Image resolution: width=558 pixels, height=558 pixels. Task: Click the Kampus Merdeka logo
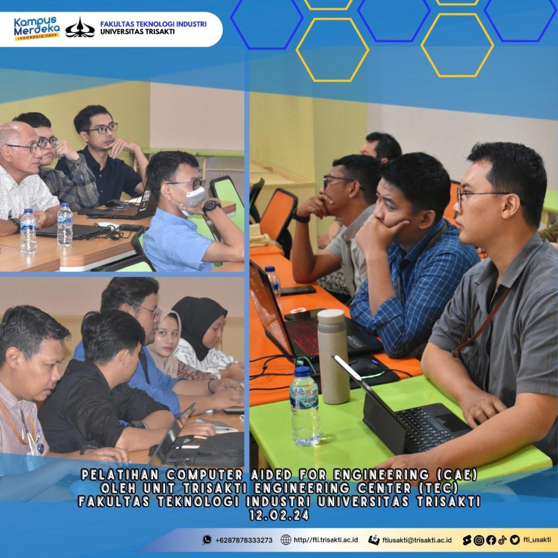click(x=37, y=28)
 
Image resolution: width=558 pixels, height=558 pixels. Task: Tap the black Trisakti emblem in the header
click(x=80, y=28)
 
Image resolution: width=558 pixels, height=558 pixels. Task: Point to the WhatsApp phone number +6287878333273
click(x=244, y=540)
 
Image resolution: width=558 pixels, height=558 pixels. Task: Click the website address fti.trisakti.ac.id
click(x=326, y=540)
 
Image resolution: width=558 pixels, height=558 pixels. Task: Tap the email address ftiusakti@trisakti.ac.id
click(x=417, y=540)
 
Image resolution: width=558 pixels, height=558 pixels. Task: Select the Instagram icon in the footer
click(x=479, y=540)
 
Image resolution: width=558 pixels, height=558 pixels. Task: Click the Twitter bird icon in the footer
click(x=514, y=540)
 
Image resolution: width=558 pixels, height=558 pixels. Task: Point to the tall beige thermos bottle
click(x=333, y=356)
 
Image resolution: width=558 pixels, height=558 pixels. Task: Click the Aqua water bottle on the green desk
click(x=305, y=406)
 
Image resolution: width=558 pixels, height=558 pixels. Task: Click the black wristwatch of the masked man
click(x=211, y=207)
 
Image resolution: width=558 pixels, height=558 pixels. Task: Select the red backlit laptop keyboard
click(x=302, y=337)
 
